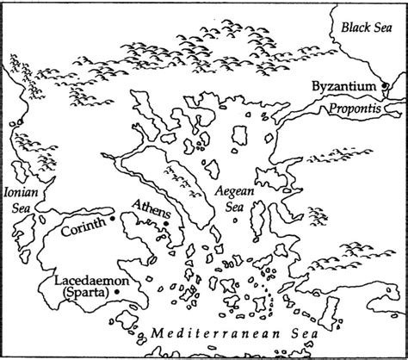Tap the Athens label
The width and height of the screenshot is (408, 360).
pos(150,208)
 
